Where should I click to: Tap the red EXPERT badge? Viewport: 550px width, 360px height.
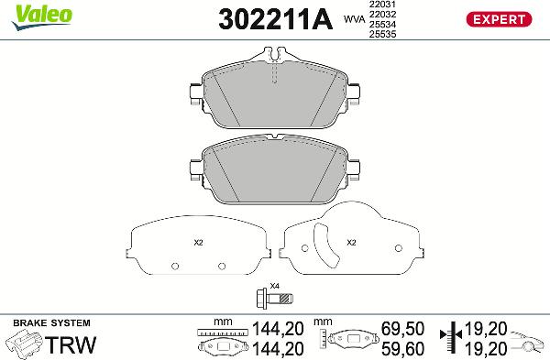[x=500, y=18]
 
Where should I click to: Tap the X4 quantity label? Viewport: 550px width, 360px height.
[x=275, y=286]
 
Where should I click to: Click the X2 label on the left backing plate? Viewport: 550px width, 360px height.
[x=198, y=243]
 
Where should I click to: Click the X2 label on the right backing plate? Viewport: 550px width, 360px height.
[x=350, y=243]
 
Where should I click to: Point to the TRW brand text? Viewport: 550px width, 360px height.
[x=66, y=345]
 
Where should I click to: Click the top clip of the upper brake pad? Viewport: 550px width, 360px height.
[x=275, y=61]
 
